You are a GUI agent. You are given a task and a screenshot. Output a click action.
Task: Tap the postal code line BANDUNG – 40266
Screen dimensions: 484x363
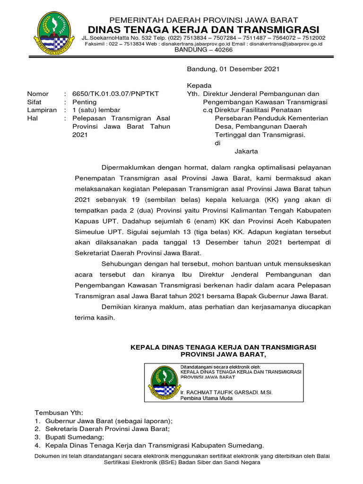[x=203, y=50]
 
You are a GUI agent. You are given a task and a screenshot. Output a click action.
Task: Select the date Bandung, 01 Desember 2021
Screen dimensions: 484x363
[x=233, y=69]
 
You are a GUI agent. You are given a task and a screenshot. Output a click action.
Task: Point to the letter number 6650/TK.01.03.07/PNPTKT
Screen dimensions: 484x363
[x=115, y=94]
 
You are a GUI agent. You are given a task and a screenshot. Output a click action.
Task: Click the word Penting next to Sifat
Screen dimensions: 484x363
[x=84, y=102]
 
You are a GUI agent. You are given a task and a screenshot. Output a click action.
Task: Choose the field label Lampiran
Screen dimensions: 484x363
[x=42, y=110]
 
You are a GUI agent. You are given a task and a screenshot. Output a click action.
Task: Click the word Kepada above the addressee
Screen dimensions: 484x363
[x=199, y=86]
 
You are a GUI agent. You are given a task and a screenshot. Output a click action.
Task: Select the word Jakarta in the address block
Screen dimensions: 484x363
[x=246, y=151]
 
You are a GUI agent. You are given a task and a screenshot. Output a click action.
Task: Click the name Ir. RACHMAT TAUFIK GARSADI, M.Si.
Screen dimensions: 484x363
[x=227, y=392]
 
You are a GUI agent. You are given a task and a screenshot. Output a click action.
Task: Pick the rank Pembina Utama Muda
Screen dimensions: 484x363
[x=207, y=398]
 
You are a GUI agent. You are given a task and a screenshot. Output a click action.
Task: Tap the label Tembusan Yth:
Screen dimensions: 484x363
[x=59, y=413]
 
